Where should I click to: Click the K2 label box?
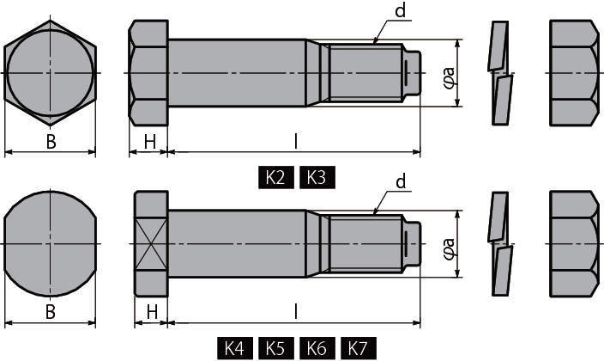[275, 178]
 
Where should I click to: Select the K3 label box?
[317, 178]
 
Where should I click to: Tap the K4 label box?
[235, 348]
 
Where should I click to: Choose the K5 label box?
[275, 348]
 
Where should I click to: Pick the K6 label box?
[317, 348]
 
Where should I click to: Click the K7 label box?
[359, 348]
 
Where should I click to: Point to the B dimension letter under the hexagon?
[51, 142]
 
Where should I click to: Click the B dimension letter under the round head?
[51, 312]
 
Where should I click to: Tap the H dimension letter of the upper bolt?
[150, 142]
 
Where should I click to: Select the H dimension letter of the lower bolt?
[152, 312]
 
